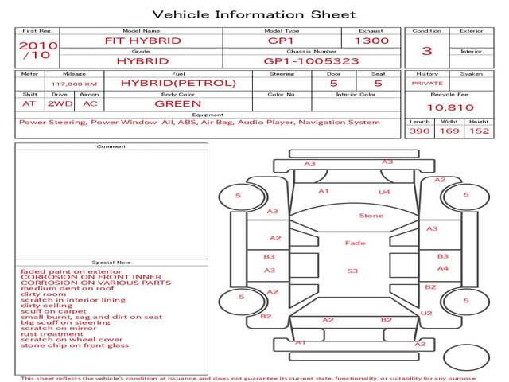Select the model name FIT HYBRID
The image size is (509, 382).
pyautogui.click(x=143, y=41)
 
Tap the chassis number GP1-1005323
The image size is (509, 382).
pyautogui.click(x=312, y=60)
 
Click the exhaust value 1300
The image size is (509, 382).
pyautogui.click(x=371, y=41)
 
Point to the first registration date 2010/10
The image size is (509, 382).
pyautogui.click(x=37, y=50)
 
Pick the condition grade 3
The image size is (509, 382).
pyautogui.click(x=427, y=51)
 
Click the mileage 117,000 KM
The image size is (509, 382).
pyautogui.click(x=74, y=83)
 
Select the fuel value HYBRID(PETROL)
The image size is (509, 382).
pyautogui.click(x=178, y=83)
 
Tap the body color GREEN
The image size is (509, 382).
pyautogui.click(x=178, y=103)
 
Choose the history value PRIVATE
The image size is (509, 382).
pyautogui.click(x=427, y=83)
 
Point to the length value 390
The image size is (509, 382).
pyautogui.click(x=420, y=131)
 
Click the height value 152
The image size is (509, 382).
pyautogui.click(x=478, y=131)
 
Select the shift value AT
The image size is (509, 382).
pyautogui.click(x=29, y=103)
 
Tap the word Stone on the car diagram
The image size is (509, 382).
pyautogui.click(x=371, y=216)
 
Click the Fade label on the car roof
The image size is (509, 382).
pyautogui.click(x=355, y=243)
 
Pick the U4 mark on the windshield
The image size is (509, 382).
pyautogui.click(x=384, y=192)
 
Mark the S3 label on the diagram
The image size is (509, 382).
pyautogui.click(x=352, y=271)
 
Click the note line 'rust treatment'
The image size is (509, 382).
pyautogui.click(x=52, y=333)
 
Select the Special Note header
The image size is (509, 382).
pyautogui.click(x=111, y=262)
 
